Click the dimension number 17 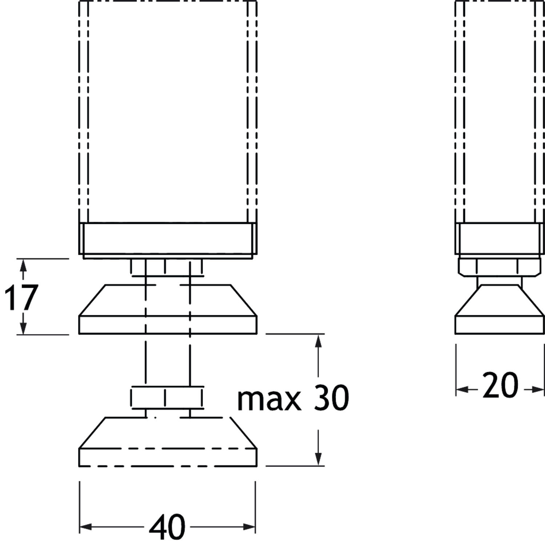pos(21,298)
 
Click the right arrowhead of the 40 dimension pos(249,527)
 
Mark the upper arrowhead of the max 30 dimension pos(318,341)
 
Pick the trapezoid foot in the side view pos(500,309)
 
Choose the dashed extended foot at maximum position pos(168,441)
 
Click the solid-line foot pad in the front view pos(168,309)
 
